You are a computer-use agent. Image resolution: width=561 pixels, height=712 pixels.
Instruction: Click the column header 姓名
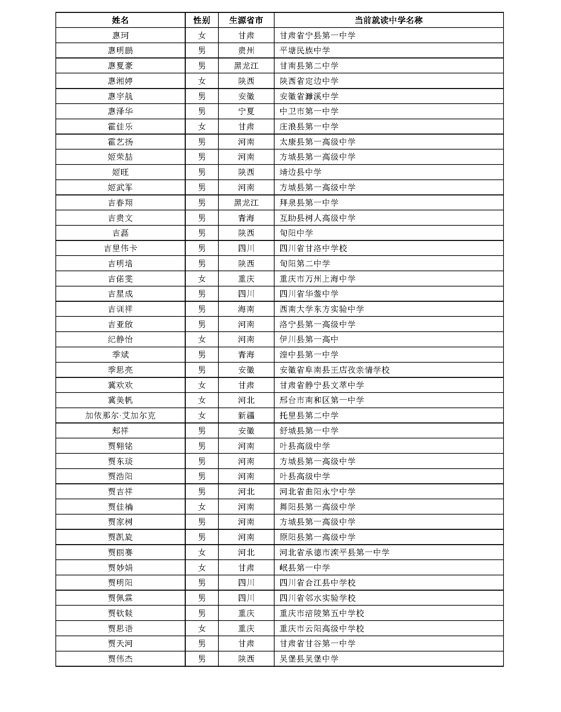click(120, 20)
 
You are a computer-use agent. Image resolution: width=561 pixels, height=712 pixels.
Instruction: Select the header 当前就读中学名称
click(388, 20)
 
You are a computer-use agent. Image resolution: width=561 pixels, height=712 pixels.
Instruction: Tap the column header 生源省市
click(246, 20)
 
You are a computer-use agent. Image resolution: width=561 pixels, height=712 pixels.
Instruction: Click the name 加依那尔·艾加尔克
click(120, 416)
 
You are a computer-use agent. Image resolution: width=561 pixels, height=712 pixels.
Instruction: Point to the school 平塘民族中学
click(305, 51)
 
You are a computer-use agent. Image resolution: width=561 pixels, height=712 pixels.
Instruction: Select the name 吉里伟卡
click(120, 248)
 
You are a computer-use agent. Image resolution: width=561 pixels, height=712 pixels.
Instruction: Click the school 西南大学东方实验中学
click(321, 309)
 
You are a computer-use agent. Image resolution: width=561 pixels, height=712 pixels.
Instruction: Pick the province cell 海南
click(246, 309)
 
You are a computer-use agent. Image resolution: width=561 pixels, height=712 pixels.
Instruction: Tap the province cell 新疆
click(246, 416)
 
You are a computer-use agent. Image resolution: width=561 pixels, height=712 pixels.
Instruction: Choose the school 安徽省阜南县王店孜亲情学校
click(334, 370)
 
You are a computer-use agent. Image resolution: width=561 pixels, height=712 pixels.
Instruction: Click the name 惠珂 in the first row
click(120, 35)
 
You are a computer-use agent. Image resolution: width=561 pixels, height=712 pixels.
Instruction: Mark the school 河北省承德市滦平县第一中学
click(334, 553)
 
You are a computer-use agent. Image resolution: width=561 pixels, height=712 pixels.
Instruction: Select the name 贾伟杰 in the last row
click(120, 659)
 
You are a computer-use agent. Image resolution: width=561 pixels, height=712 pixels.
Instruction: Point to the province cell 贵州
click(246, 51)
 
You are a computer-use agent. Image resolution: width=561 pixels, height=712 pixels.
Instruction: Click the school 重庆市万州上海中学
click(317, 279)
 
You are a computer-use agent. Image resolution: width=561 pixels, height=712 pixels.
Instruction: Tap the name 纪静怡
click(120, 340)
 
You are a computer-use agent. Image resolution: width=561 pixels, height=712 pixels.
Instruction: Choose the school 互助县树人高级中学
click(317, 218)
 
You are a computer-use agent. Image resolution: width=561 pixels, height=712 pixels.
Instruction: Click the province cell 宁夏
click(246, 111)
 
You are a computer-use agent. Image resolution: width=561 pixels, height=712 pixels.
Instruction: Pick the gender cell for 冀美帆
click(202, 400)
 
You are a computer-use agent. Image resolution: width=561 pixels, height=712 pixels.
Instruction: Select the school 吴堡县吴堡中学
click(309, 659)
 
